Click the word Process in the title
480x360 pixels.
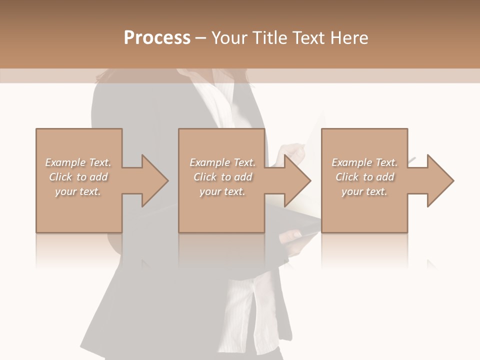tap(157, 38)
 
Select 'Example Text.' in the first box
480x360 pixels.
tap(78, 162)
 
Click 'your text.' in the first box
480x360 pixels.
tap(78, 191)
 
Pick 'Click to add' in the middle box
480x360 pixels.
tap(222, 177)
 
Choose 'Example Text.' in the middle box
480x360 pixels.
tap(222, 162)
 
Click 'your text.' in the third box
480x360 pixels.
tap(364, 191)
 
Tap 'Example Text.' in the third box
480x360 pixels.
tap(364, 162)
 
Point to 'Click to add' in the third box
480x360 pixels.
tap(364, 177)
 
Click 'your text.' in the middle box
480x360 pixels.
tap(222, 191)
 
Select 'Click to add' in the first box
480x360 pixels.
tap(78, 177)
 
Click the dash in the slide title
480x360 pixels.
tap(200, 38)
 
